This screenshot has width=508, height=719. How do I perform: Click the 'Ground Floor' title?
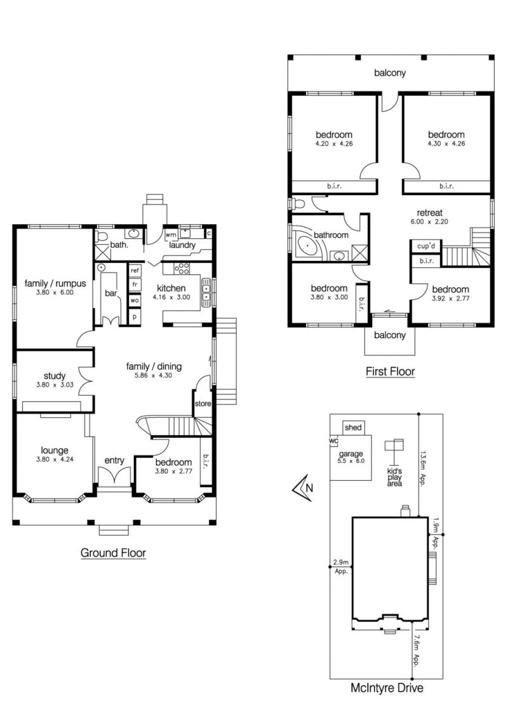click(x=113, y=553)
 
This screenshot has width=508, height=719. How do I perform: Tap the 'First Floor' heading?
click(x=390, y=372)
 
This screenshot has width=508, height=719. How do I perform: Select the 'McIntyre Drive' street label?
click(x=387, y=688)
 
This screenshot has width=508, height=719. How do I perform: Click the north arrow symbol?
click(x=303, y=487)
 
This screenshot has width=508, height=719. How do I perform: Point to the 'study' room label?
click(x=55, y=376)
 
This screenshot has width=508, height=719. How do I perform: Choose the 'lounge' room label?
click(x=55, y=450)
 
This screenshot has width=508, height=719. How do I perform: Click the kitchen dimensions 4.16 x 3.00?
click(x=171, y=297)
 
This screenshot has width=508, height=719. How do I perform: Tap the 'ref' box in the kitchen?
click(x=135, y=271)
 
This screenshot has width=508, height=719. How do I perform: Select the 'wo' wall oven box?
click(x=135, y=301)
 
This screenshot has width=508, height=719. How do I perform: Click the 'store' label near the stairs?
click(x=203, y=403)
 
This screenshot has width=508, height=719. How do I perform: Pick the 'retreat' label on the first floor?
click(x=430, y=213)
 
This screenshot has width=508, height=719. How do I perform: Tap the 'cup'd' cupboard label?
click(x=426, y=246)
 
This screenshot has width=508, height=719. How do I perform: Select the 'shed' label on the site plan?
click(x=353, y=427)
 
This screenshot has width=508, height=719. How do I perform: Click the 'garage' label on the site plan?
click(x=351, y=454)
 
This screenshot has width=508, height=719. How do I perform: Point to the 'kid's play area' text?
click(x=394, y=477)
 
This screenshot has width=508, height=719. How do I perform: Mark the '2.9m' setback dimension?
click(x=340, y=562)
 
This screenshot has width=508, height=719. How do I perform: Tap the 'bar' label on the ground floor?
click(x=111, y=293)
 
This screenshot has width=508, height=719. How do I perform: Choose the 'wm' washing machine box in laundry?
click(x=171, y=235)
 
